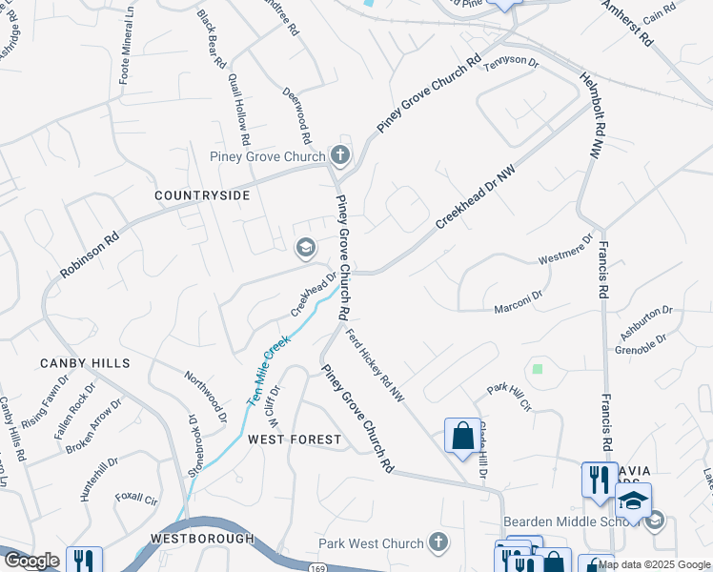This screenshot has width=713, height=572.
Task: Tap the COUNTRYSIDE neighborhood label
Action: pyautogui.click(x=202, y=195)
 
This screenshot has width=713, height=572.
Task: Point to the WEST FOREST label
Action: pyautogui.click(x=294, y=439)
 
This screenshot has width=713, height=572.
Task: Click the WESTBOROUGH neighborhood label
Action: pyautogui.click(x=202, y=539)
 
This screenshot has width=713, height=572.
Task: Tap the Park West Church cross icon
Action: pyautogui.click(x=438, y=543)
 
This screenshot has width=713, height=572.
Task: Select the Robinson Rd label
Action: pyautogui.click(x=91, y=253)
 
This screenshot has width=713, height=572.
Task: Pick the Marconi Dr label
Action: pyautogui.click(x=518, y=302)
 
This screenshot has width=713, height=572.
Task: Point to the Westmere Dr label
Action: pyautogui.click(x=566, y=252)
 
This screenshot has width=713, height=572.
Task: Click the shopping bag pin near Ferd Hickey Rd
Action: pyautogui.click(x=462, y=437)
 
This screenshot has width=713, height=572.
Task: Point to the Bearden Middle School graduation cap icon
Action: pyautogui.click(x=634, y=499)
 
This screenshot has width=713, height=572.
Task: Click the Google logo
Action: pyautogui.click(x=31, y=561)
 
